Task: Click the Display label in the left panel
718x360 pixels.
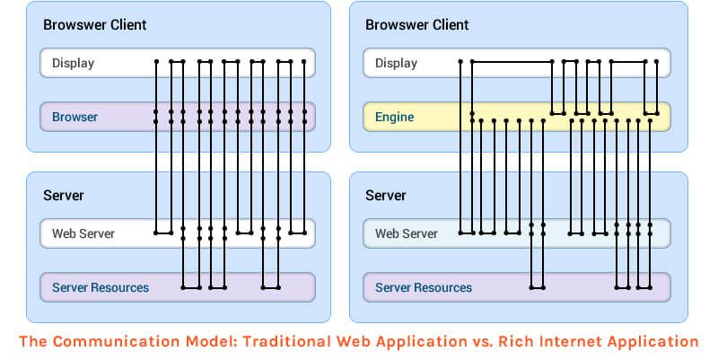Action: [73, 63]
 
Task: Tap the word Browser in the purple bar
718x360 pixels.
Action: [74, 117]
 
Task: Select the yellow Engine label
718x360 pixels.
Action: [395, 117]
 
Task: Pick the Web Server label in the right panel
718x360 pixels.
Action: [406, 233]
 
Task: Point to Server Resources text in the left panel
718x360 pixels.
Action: [101, 287]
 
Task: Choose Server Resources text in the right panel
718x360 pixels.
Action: [424, 287]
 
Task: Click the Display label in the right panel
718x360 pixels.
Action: [396, 63]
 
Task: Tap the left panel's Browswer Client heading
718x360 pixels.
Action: [95, 24]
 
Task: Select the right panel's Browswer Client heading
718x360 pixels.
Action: [417, 24]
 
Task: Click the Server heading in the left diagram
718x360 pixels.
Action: [63, 195]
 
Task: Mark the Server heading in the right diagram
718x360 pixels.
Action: [386, 195]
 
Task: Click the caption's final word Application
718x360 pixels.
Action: [653, 342]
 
